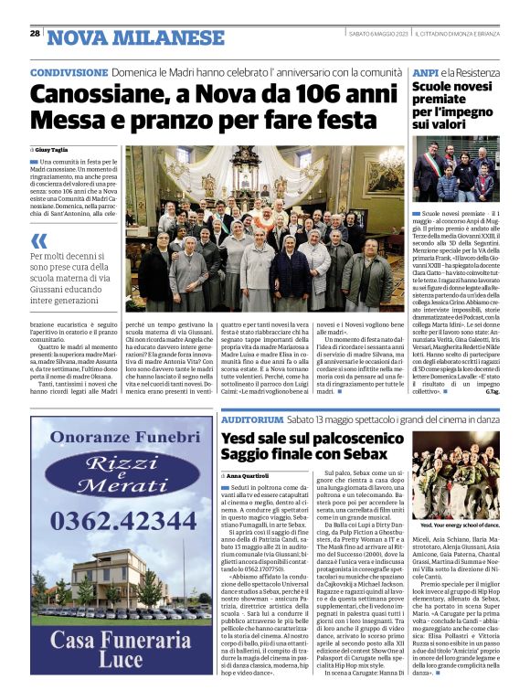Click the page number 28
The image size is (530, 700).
[35, 34]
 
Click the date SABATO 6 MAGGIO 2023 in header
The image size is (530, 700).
[377, 35]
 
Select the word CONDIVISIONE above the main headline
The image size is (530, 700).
[69, 72]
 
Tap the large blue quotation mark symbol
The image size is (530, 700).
[37, 242]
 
